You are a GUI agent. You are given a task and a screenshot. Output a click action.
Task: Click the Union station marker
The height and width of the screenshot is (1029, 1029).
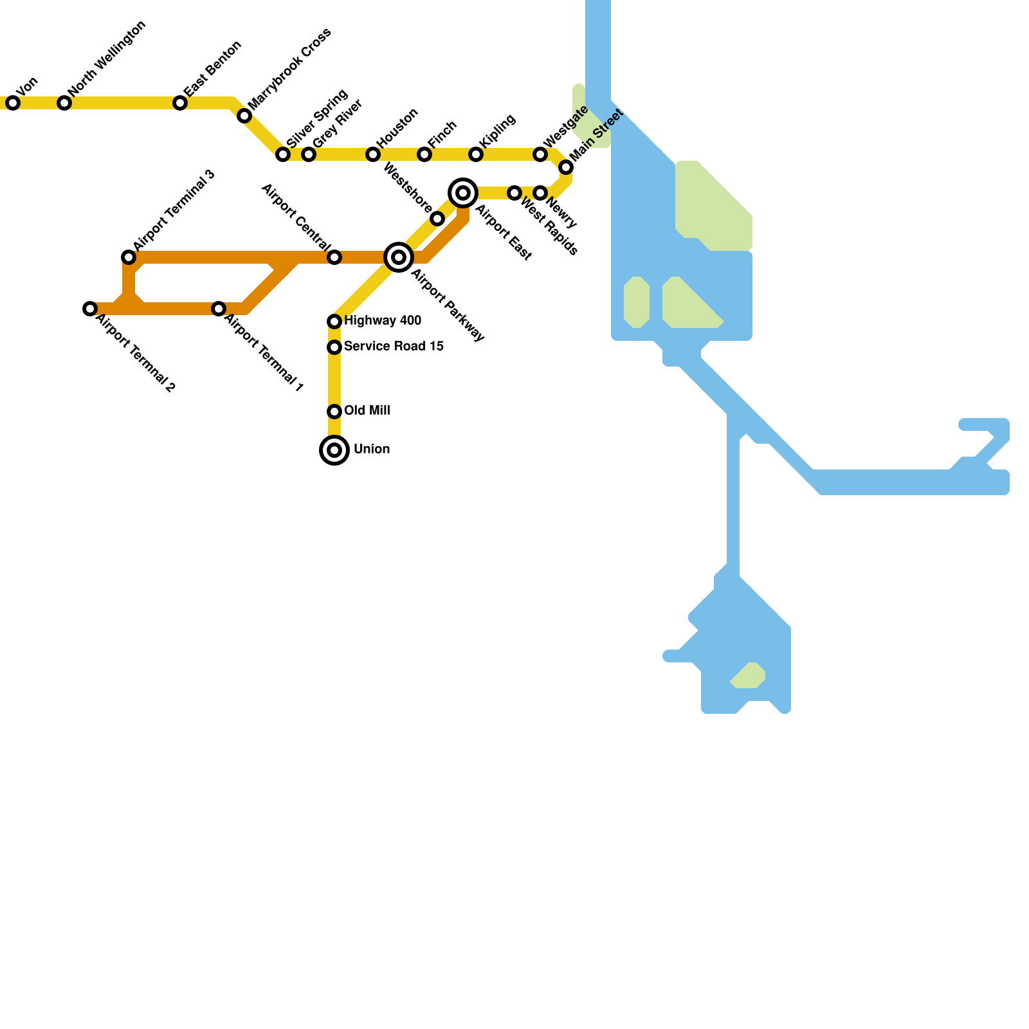point(334,450)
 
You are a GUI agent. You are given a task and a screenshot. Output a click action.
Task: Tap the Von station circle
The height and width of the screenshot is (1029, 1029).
point(13,103)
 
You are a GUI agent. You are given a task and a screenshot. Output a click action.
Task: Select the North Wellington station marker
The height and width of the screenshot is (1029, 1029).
point(64,103)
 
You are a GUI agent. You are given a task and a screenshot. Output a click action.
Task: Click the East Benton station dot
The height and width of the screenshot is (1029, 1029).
point(180,103)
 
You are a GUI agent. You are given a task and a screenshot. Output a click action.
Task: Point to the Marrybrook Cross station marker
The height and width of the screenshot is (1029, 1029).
point(244,116)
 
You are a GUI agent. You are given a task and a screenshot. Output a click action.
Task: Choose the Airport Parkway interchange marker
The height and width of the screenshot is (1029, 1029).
point(399,257)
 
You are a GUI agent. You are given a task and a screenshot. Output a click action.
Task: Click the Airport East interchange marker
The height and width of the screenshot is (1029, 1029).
point(463,193)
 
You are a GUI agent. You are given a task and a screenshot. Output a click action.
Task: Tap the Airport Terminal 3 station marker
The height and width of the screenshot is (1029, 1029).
point(129,257)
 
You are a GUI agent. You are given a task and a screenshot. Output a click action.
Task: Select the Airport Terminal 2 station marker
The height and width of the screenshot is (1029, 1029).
point(90,309)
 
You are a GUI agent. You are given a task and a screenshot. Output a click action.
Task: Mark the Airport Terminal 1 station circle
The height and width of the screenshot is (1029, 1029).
point(219,309)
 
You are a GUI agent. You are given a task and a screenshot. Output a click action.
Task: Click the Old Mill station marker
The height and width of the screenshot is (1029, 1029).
point(334,412)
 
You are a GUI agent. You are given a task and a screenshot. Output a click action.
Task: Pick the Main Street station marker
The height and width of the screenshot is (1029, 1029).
point(566,167)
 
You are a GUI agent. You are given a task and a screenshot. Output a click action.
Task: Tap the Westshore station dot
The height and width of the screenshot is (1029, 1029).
point(437,219)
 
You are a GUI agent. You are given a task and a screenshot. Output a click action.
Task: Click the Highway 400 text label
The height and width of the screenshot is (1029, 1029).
point(383,320)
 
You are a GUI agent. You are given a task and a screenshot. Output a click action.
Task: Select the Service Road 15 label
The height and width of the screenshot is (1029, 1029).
point(394,346)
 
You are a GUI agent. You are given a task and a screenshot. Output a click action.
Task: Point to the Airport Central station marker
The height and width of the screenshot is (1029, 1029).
point(334,257)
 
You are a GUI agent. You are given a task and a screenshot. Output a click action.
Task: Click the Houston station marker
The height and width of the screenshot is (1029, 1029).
point(373,154)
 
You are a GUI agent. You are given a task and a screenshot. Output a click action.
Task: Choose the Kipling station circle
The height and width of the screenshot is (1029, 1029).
point(476,154)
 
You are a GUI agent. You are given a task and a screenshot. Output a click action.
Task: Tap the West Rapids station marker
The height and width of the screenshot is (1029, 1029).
point(514,193)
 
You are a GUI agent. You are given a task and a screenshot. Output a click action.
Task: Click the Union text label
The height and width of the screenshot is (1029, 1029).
point(372,449)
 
